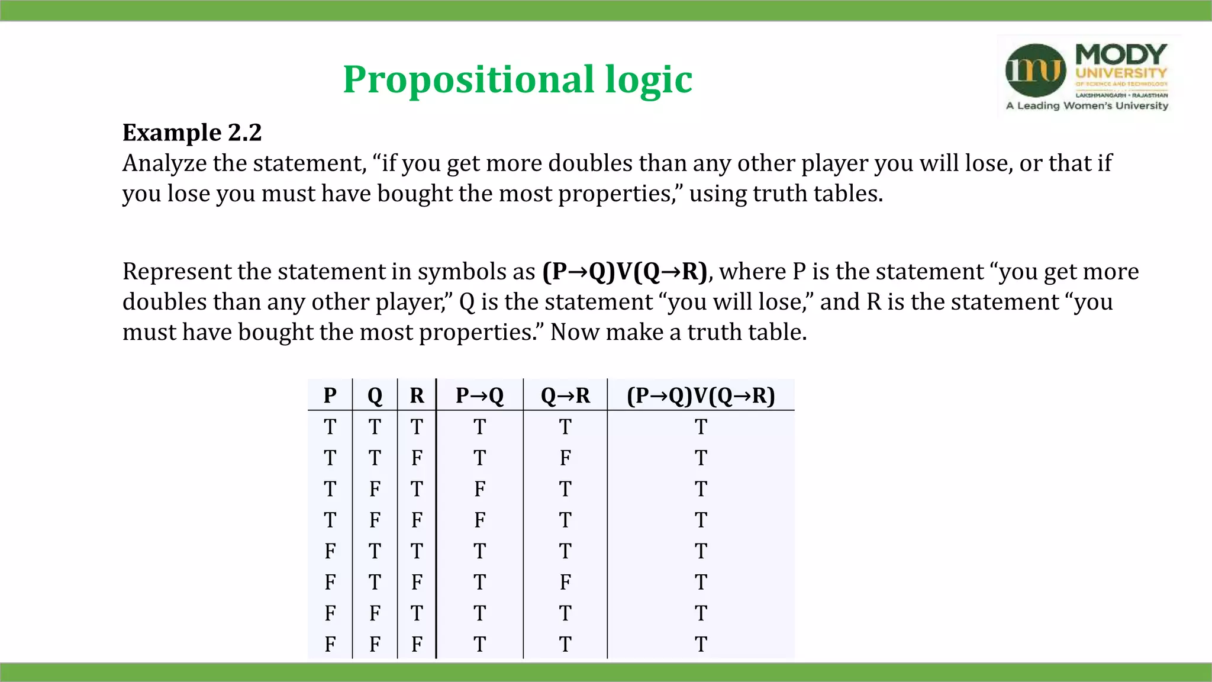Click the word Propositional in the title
[468, 80]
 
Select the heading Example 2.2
[192, 133]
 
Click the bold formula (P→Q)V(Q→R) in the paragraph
[624, 272]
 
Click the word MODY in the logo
[1121, 54]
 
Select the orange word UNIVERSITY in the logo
[1121, 73]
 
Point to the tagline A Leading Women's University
[1087, 106]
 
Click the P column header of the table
[330, 395]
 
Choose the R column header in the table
[417, 395]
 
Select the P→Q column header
[479, 395]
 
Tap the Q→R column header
[565, 395]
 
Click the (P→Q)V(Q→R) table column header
[701, 395]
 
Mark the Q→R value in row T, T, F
[565, 458]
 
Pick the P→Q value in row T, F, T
[479, 489]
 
